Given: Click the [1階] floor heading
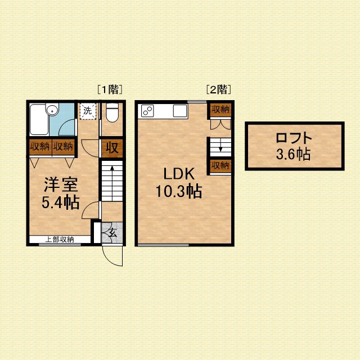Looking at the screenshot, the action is coord(110,89).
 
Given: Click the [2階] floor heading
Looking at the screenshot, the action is coord(219,89).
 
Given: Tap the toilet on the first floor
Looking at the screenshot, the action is coord(112,112).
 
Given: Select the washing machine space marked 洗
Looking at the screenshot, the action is coord(88,111).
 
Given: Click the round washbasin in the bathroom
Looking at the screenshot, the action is coord(52,110).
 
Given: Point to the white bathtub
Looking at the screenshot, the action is coord(39,119).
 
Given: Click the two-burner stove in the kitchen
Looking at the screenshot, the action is coord(147,111).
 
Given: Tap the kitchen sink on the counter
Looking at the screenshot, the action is coord(181,111).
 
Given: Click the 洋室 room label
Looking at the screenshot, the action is coord(61,184).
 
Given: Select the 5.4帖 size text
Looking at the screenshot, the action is coord(61,202).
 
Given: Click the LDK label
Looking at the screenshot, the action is coord(179,174).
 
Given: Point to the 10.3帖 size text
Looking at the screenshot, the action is coord(179,191).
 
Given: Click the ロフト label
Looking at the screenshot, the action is coord(294,138).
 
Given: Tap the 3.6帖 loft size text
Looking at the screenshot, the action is coord(293,154).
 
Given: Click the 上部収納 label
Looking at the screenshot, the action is coord(60,240).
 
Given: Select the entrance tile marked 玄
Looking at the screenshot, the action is coord(112,232).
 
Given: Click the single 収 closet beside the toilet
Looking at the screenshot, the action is coord(112,148).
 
